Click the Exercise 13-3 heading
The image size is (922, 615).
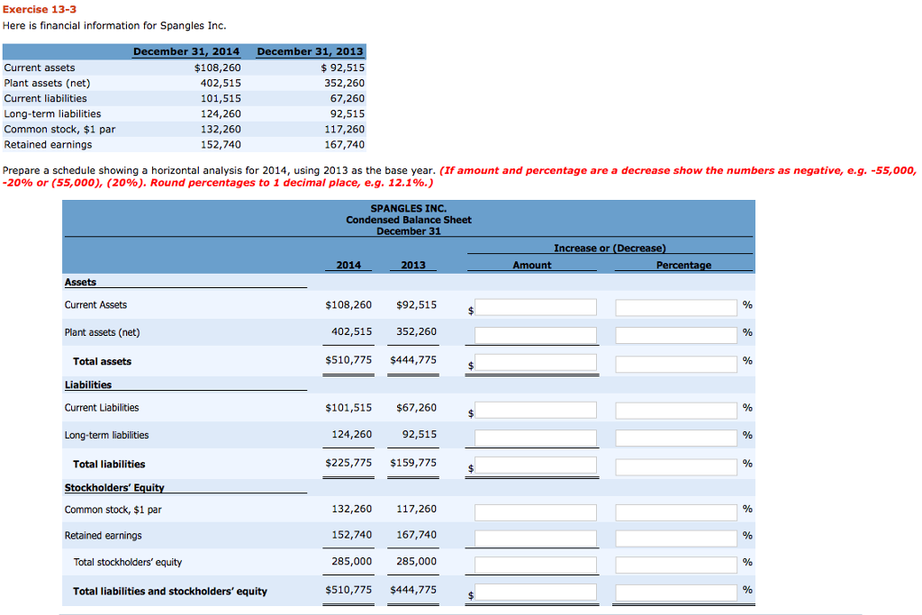[x=39, y=9]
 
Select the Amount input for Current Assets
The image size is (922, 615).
[x=535, y=307]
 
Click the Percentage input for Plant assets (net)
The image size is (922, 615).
[x=676, y=335]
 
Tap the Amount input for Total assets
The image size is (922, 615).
[x=535, y=363]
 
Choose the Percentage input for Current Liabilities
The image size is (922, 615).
[x=676, y=410]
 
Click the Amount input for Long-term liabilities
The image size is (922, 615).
[x=535, y=438]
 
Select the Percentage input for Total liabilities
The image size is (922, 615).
[x=676, y=466]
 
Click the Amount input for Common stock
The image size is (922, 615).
[x=535, y=511]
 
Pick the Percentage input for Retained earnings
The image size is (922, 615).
[x=676, y=538]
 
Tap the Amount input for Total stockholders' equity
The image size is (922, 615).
[x=535, y=565]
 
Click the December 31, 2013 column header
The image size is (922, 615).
[x=310, y=51]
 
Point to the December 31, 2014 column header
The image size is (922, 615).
[x=186, y=51]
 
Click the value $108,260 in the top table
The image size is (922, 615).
[x=217, y=68]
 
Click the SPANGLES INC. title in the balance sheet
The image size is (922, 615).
[x=408, y=208]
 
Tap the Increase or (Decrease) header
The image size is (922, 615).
[x=610, y=248]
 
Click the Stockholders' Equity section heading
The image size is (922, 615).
[x=114, y=488]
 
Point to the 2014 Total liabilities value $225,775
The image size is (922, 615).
[x=348, y=464]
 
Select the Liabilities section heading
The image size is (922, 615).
[x=88, y=385]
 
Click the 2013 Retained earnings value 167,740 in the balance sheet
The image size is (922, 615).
[x=416, y=535]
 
